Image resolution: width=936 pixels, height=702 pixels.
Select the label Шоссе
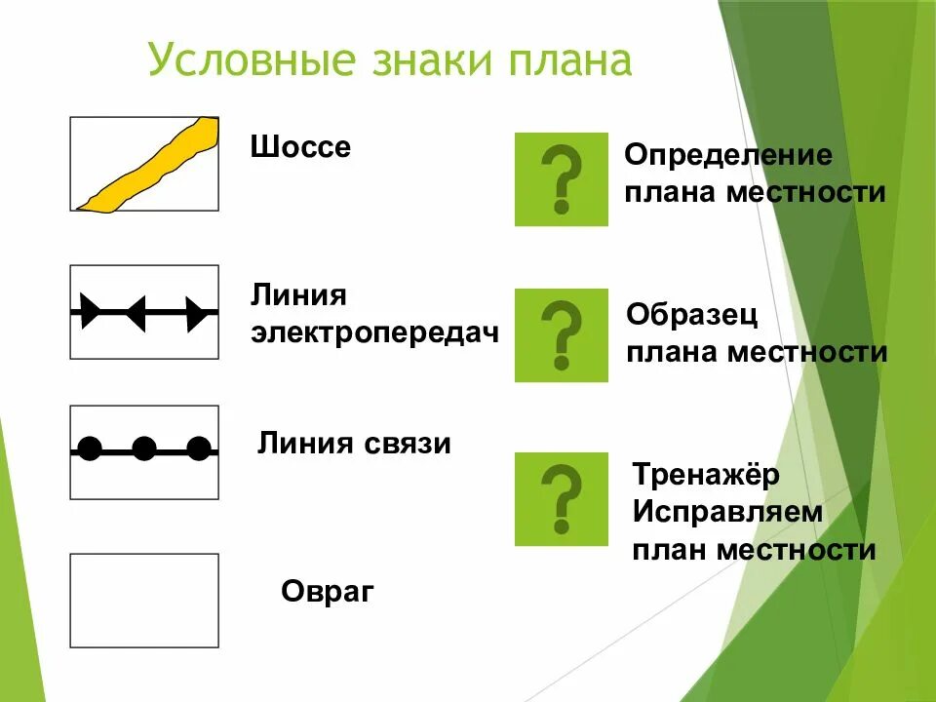[x=300, y=149]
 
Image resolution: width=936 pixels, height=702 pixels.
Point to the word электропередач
[x=375, y=332]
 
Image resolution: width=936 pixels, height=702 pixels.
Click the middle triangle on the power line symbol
[x=136, y=312]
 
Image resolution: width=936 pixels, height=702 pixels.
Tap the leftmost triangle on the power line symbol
[x=90, y=312]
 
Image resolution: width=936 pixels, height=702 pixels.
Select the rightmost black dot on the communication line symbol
[x=199, y=449]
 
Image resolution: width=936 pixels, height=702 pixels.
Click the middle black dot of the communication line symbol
[x=144, y=449]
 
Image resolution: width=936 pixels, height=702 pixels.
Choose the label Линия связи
[x=354, y=445]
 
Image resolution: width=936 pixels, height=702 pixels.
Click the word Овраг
[x=328, y=592]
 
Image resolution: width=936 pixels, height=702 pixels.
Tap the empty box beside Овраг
[x=144, y=601]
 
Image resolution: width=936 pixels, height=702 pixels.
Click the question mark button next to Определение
[x=561, y=180]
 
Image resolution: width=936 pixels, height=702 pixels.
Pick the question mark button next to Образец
[x=561, y=335]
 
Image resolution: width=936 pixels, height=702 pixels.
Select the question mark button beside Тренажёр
[x=561, y=499]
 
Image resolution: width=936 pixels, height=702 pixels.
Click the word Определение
[x=728, y=156]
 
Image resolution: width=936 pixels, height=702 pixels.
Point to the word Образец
[x=691, y=315]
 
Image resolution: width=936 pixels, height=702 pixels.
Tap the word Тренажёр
[x=706, y=476]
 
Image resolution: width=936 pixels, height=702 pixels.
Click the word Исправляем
[x=727, y=512]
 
